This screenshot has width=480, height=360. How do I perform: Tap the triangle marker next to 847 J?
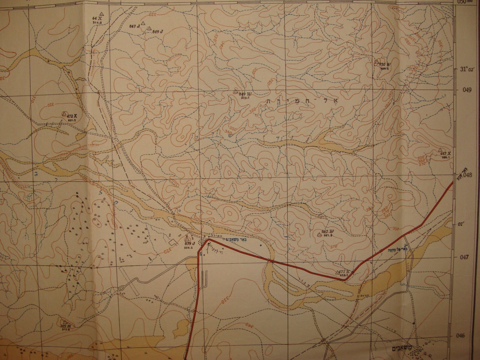pyautogui.click(x=143, y=23)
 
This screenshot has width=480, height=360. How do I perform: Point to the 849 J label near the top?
pyautogui.click(x=159, y=32)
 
